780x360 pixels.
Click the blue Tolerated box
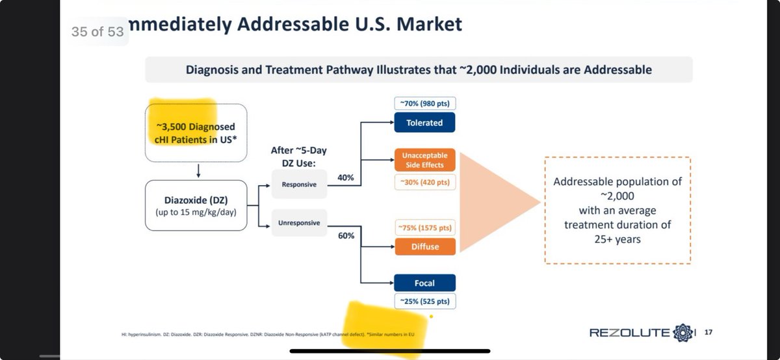click(424, 123)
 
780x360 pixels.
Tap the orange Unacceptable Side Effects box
click(424, 160)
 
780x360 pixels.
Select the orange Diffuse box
click(424, 246)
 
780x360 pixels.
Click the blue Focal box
click(424, 283)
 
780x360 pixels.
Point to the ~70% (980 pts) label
click(424, 103)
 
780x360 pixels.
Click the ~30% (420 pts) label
click(424, 181)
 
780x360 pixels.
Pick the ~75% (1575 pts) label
click(424, 227)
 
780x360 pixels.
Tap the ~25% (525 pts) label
click(424, 302)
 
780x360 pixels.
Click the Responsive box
click(299, 185)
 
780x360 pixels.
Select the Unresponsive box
click(299, 223)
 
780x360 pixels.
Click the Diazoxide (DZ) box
click(196, 205)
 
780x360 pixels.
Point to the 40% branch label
click(345, 177)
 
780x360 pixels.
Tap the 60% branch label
click(345, 235)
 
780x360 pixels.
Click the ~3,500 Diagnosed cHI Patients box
click(196, 133)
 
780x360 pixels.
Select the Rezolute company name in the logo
click(629, 333)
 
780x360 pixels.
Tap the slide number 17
click(708, 333)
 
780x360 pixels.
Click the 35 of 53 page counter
click(97, 31)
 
